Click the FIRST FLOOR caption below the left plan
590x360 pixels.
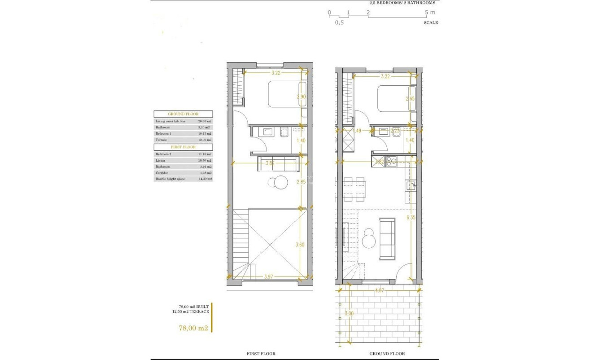pos(261,354)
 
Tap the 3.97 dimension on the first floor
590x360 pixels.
pos(269,277)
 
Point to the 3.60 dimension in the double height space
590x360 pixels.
pos(300,245)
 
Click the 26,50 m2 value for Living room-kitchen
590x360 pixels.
pos(205,121)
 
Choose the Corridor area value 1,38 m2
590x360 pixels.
pos(205,173)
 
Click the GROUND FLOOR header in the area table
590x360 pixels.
pos(183,114)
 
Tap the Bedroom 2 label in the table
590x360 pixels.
pos(163,154)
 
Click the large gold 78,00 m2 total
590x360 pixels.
pos(193,328)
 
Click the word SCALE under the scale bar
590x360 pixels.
pos(431,22)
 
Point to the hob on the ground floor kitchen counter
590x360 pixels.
pos(390,160)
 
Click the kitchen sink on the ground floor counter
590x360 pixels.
pos(411,185)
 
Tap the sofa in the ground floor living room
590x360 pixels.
pos(387,238)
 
